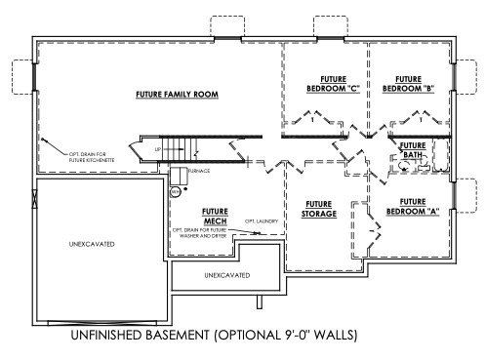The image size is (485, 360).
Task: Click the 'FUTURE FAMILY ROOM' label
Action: (x=176, y=95)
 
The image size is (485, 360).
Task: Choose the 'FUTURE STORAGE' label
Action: (x=318, y=208)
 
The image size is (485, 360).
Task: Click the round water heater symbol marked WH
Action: (x=176, y=192)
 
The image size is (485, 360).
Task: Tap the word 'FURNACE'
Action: (x=199, y=170)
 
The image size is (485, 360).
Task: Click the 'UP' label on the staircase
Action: (x=158, y=149)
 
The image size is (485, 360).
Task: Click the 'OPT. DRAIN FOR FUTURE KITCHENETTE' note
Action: (x=74, y=159)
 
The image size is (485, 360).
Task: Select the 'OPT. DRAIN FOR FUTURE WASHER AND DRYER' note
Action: (x=204, y=235)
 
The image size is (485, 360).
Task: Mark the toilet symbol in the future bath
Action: (x=403, y=167)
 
